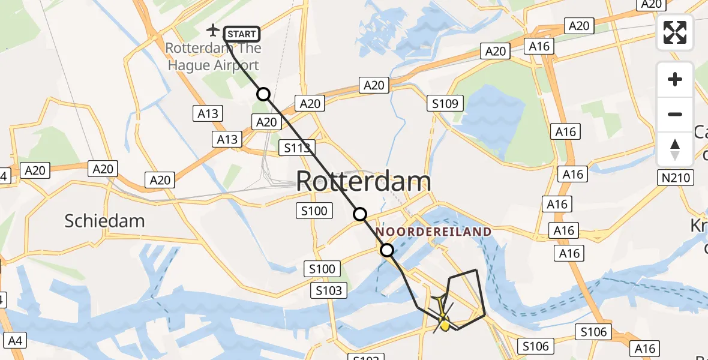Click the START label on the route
coord(242,34)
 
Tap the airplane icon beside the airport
coord(212,29)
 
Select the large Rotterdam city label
coord(364,181)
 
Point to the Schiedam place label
coord(104,221)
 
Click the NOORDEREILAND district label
coord(434,232)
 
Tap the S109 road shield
coord(445,104)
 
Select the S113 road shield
coord(297,148)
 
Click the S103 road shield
coord(329,291)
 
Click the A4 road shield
coord(16,341)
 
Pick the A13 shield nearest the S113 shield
coord(227,140)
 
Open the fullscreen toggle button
coord(675,32)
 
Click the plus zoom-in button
coord(675,79)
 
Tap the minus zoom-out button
coord(675,114)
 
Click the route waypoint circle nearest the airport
coord(263,94)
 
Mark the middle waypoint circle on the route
coord(359,214)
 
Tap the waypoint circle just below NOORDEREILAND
coord(387,250)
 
